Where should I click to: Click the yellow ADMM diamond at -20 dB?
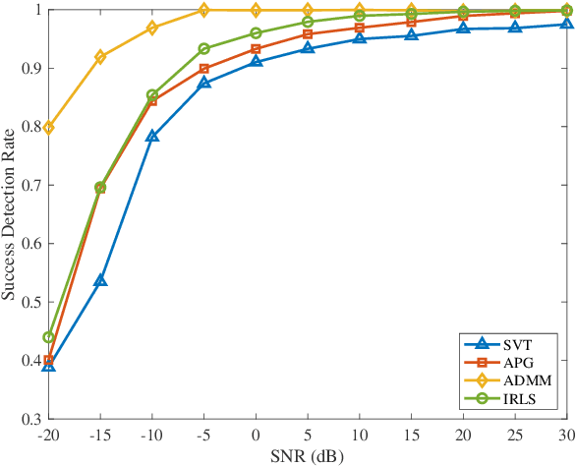49,128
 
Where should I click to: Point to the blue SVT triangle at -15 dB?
100,281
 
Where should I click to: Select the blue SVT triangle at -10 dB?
152,137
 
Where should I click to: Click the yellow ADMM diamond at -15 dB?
100,57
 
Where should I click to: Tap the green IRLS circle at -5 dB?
204,48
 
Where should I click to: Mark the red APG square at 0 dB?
256,48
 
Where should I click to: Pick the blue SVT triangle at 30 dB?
567,24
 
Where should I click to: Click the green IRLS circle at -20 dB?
49,337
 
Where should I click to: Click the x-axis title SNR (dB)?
308,456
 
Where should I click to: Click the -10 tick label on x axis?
151,435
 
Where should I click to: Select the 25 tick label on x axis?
515,435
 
